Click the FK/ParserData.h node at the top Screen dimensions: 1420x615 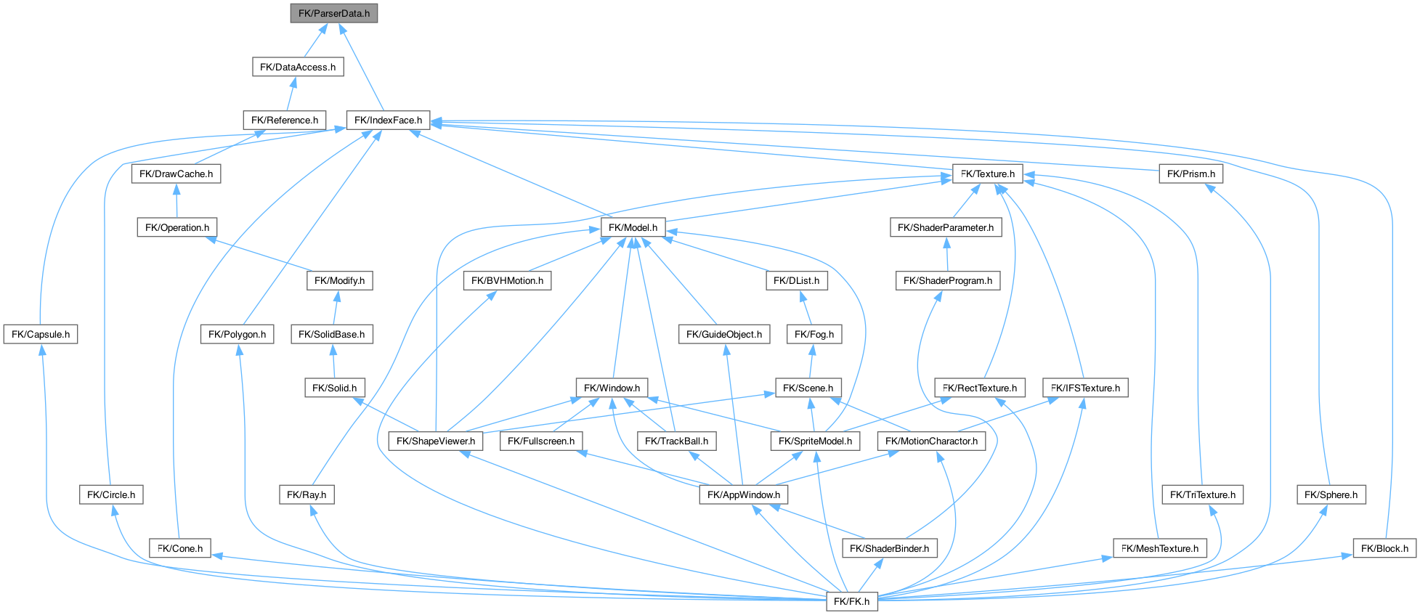[334, 13]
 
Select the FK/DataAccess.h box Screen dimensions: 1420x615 [298, 67]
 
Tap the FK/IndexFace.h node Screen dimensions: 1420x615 [389, 120]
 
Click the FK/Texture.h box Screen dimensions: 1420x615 [988, 174]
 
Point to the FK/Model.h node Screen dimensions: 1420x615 [633, 227]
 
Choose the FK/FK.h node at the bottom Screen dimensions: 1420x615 [852, 601]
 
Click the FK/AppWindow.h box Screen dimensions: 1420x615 [744, 494]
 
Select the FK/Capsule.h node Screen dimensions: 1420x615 [41, 334]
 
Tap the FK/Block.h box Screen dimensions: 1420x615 [1384, 548]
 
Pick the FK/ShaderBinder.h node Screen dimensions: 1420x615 [890, 548]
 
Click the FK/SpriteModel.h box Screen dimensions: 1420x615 [816, 441]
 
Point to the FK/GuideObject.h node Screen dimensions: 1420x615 [724, 334]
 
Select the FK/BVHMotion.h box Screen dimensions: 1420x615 [508, 280]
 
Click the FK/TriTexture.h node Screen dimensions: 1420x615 [1203, 494]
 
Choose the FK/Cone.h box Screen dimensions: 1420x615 [180, 548]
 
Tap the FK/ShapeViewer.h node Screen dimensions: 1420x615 [436, 441]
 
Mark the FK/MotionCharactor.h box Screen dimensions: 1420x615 [932, 441]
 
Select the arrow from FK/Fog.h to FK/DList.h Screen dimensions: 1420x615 [807, 307]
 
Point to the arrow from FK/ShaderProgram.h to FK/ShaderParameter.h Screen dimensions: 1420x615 [946, 254]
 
